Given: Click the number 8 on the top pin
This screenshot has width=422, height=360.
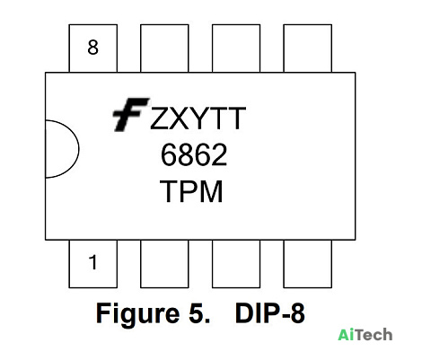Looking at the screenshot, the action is coord(92,48).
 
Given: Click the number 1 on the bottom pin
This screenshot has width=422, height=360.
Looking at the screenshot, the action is coord(93,262).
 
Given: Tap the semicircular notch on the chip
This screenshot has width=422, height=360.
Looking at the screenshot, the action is coord(78,149).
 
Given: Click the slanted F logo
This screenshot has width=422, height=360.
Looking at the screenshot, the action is coord(130,115).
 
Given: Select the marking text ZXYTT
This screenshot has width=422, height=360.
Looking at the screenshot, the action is coord(198,119).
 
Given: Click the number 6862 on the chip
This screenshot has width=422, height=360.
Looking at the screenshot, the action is coord(194,154).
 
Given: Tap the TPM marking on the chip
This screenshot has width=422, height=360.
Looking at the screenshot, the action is coord(191,191).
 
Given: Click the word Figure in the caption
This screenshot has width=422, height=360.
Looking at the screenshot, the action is coord(137,314).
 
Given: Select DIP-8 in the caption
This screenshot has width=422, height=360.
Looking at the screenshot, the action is coord(270,313).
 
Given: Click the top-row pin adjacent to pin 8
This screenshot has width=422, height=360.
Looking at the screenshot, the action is coord(164,48).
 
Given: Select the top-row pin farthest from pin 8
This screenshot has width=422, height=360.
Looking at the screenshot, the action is coord(308,48).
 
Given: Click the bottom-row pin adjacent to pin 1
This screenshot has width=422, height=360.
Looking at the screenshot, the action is coord(164,264).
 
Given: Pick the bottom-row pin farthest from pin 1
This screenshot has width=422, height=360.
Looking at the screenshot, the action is coord(308,264).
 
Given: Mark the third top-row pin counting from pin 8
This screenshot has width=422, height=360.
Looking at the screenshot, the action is coord(236,48).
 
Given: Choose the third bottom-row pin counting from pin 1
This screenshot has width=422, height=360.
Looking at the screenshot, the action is coord(236,264).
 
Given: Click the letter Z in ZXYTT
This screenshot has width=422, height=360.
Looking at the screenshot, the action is coord(161,119).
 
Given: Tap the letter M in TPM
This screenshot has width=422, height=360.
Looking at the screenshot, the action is coord(211,191).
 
